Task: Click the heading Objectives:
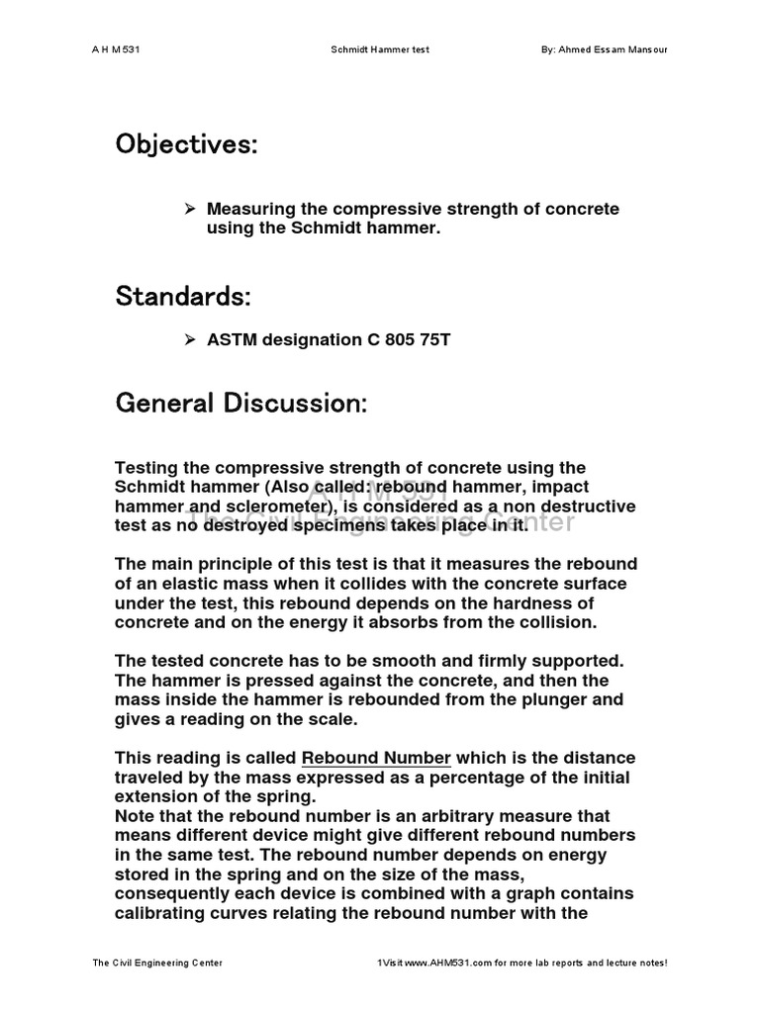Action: click(186, 145)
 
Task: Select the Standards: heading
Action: click(183, 296)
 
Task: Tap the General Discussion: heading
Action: click(241, 403)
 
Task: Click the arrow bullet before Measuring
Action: click(191, 209)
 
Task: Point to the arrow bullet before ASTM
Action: click(191, 339)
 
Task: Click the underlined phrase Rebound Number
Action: click(376, 759)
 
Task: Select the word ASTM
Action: click(232, 339)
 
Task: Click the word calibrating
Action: click(165, 912)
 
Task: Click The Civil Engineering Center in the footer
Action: click(156, 963)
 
